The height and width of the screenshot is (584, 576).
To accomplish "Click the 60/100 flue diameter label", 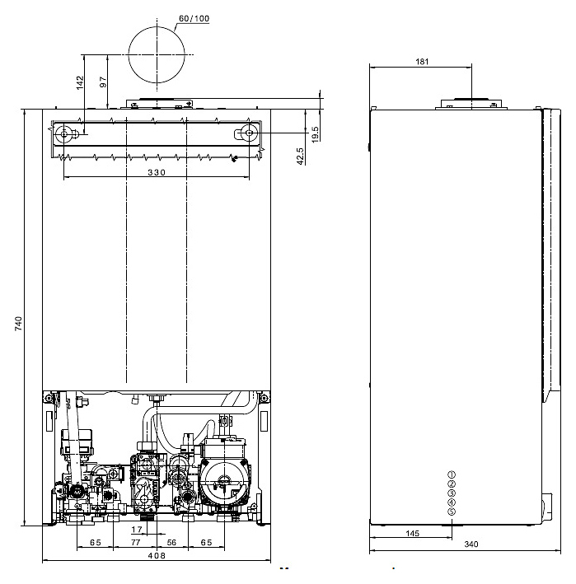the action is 194,19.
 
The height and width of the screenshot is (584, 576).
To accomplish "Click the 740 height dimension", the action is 18,323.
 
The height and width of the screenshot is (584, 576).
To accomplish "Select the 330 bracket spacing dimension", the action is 157,172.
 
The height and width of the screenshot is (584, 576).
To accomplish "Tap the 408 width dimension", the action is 157,556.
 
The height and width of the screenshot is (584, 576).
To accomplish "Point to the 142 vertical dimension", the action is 80,82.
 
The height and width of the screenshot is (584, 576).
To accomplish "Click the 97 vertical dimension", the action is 103,82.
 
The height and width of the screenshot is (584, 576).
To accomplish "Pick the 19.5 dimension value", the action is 316,134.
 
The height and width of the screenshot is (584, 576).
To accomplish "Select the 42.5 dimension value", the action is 300,157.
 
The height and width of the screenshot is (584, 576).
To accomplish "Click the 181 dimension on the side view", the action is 422,62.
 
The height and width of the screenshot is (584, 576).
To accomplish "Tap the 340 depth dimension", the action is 471,544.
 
